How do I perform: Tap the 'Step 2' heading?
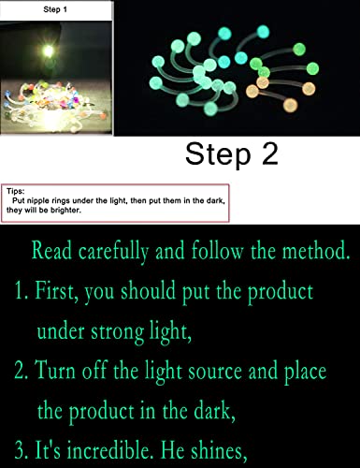(x=231, y=154)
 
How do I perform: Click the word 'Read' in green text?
(x=51, y=251)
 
